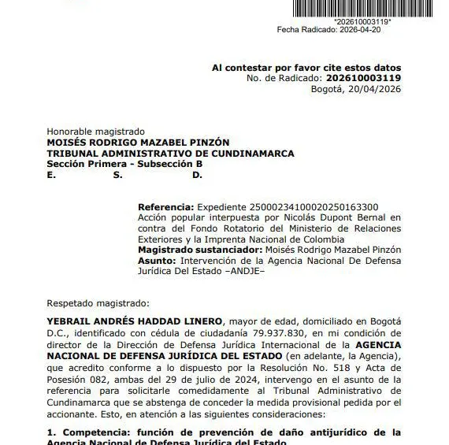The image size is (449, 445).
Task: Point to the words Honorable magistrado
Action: click(96, 131)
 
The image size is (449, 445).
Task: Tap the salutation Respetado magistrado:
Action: click(97, 302)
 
